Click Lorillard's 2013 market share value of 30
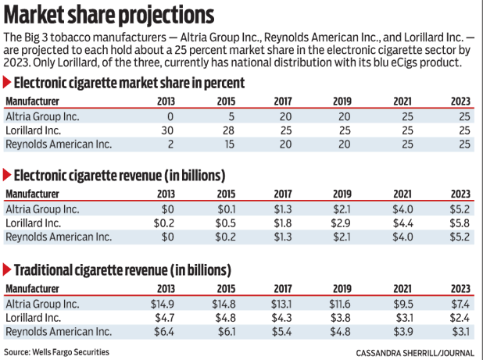pyautogui.click(x=167, y=130)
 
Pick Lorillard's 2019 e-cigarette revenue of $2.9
pyautogui.click(x=342, y=223)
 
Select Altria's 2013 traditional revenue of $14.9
pyautogui.click(x=161, y=303)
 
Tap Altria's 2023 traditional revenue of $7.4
pyautogui.click(x=460, y=303)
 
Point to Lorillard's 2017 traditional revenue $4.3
pyautogui.click(x=283, y=317)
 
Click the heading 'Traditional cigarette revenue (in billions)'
pyautogui.click(x=122, y=270)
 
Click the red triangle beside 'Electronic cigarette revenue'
pyautogui.click(x=8, y=175)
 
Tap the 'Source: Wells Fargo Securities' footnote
pyautogui.click(x=58, y=352)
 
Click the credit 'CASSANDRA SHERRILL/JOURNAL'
pyautogui.click(x=414, y=353)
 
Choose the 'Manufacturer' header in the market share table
pyautogui.click(x=32, y=101)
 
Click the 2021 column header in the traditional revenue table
pyautogui.click(x=402, y=288)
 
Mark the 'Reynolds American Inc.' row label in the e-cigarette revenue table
pyautogui.click(x=59, y=237)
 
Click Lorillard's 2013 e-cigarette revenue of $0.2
pyautogui.click(x=163, y=223)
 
